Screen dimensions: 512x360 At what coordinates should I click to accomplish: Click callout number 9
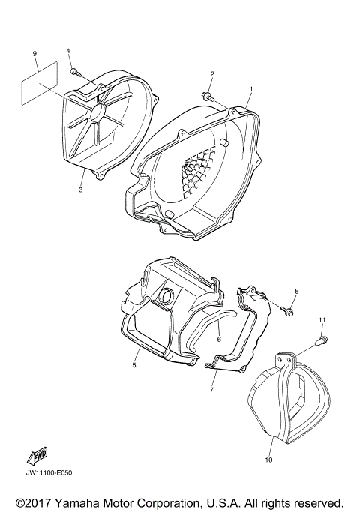(34, 53)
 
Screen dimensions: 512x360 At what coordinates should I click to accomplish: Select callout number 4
(68, 50)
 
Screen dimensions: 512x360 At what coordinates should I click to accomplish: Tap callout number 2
(212, 74)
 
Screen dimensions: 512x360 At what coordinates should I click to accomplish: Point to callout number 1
(250, 89)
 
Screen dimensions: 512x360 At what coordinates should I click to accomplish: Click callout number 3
(80, 190)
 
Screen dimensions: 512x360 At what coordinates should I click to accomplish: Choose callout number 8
(296, 291)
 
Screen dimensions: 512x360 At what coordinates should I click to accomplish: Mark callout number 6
(218, 339)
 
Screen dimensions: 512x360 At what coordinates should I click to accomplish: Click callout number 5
(134, 366)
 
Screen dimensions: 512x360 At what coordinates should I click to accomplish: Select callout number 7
(212, 391)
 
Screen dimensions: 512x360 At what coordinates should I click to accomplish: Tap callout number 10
(268, 439)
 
